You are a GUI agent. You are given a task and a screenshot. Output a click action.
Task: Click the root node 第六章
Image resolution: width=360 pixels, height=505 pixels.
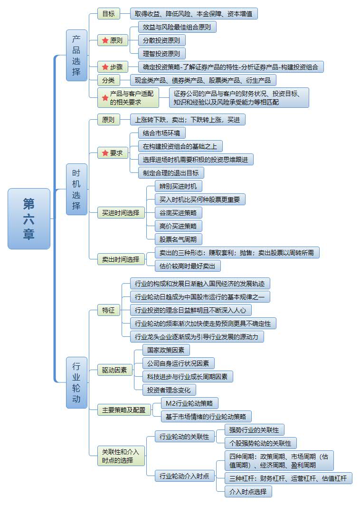pos(29,219)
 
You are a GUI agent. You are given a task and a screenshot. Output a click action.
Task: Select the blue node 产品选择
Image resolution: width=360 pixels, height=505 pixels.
pos(76,55)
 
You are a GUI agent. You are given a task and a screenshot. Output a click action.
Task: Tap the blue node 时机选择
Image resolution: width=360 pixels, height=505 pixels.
pos(76,189)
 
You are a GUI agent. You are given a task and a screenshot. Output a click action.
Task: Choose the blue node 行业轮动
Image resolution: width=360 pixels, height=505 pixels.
pos(76,382)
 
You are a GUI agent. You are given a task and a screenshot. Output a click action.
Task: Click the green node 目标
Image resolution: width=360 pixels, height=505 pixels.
pos(108,14)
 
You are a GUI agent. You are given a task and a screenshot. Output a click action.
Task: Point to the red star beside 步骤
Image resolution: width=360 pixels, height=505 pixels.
pos(105,67)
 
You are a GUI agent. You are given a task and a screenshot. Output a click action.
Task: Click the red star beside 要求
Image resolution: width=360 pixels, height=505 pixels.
pos(105,153)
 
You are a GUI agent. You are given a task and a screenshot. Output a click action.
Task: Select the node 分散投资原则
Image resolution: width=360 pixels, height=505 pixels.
pos(161,40)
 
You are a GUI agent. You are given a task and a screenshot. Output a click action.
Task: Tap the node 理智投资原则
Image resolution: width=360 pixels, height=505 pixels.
pos(161,53)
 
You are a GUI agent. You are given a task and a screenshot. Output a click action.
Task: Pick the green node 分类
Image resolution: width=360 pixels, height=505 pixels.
pos(108,80)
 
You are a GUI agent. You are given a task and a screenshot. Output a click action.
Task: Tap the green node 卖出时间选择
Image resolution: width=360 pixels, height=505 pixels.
pos(121,259)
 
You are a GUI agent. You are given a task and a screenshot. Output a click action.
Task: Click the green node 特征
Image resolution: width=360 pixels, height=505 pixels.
pos(108,310)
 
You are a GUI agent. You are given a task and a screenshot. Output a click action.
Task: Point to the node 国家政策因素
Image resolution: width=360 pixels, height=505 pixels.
pos(166,350)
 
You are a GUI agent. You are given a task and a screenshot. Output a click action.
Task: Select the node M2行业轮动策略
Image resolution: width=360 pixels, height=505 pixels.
pos(189,403)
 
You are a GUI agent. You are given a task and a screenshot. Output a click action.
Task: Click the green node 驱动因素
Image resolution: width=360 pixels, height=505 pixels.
pos(114,369)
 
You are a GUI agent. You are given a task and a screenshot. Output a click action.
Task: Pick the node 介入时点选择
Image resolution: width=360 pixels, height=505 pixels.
pos(248,491)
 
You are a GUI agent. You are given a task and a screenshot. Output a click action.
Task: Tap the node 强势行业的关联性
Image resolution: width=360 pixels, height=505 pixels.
pos(254,430)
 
